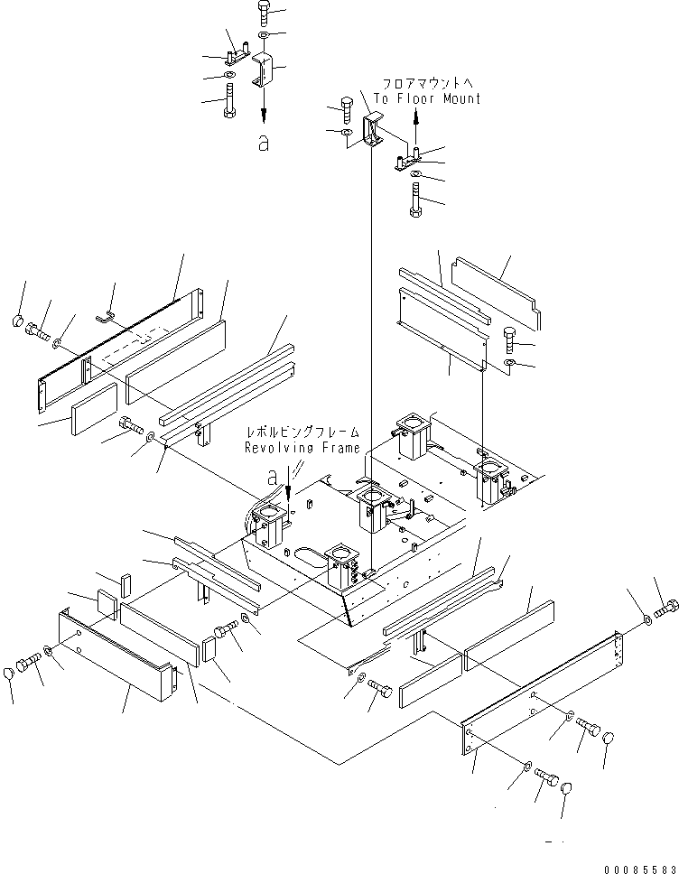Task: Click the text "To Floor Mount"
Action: [427, 98]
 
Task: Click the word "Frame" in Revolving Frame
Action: [336, 448]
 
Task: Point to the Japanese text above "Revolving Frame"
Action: [302, 433]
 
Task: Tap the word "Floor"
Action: [416, 98]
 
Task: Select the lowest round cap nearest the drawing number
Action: [566, 790]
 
